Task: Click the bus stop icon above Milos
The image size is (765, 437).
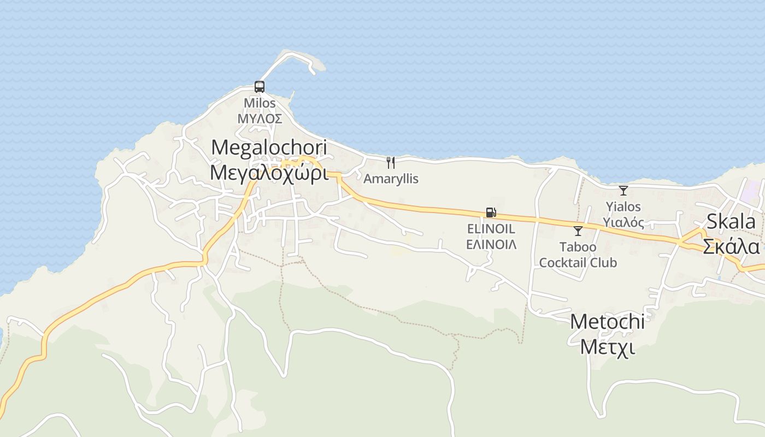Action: (x=260, y=87)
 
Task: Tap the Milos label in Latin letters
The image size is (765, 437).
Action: (x=260, y=103)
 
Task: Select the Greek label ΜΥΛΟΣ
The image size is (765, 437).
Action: (x=260, y=119)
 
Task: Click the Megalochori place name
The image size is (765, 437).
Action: (x=269, y=147)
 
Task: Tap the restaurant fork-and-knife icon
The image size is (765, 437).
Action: (x=391, y=162)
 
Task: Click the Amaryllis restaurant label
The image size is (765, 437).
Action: (x=391, y=179)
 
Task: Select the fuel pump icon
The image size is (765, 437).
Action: (x=491, y=212)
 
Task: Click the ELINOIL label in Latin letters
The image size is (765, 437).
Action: (x=491, y=229)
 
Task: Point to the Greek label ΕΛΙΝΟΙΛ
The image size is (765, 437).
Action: (x=491, y=244)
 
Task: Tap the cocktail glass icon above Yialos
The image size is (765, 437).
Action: (x=623, y=191)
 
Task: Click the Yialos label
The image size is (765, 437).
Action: (x=623, y=207)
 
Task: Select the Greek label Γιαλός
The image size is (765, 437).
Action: (x=623, y=222)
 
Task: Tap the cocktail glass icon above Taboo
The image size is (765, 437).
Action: (x=578, y=231)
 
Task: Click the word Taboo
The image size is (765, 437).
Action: (x=578, y=247)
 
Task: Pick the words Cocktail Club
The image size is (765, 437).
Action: (x=578, y=263)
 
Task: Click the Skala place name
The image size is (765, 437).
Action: (x=731, y=222)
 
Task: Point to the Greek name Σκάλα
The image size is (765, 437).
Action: (x=731, y=246)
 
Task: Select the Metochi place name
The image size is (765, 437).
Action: (x=607, y=322)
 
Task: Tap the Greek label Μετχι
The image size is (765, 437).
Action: (x=607, y=347)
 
